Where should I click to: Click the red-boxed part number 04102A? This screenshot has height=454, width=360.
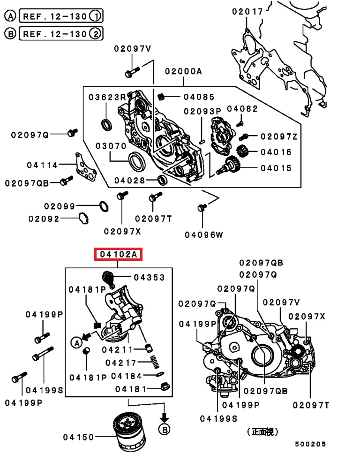point(118,255)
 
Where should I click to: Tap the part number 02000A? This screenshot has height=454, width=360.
point(183,71)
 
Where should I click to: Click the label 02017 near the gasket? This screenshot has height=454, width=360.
point(247,12)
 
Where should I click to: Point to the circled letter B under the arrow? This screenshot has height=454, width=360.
point(164,429)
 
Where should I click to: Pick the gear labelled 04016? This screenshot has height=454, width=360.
point(243,151)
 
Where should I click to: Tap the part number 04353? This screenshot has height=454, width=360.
point(149,277)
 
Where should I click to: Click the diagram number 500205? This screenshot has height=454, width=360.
point(310,444)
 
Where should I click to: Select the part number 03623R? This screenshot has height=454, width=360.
point(107,97)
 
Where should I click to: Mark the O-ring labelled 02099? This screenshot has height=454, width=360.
point(104,206)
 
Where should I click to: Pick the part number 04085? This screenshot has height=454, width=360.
point(199,97)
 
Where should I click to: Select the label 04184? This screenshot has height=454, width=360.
point(126,376)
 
